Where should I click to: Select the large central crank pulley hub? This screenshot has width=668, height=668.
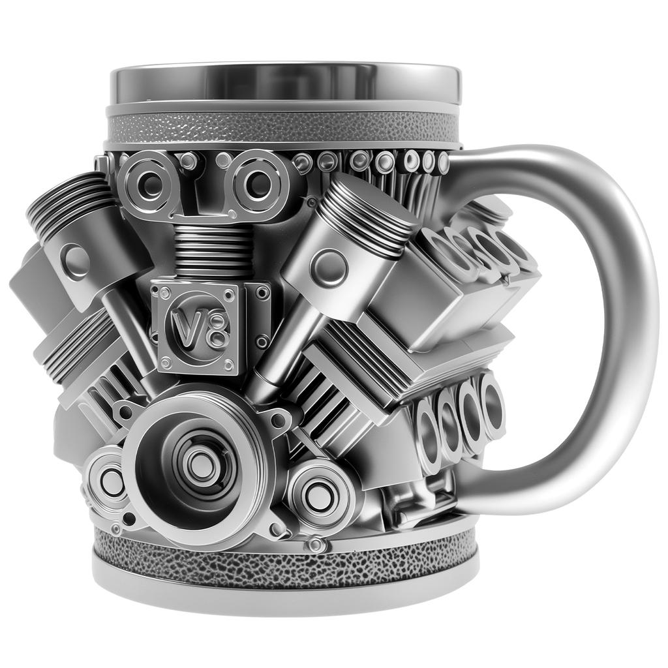click(196, 464)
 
